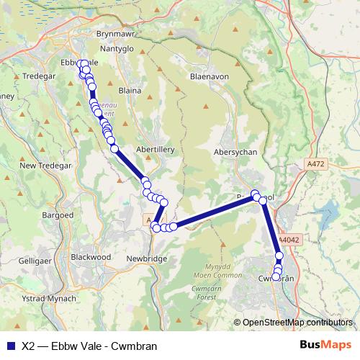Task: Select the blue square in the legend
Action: pos(10,345)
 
